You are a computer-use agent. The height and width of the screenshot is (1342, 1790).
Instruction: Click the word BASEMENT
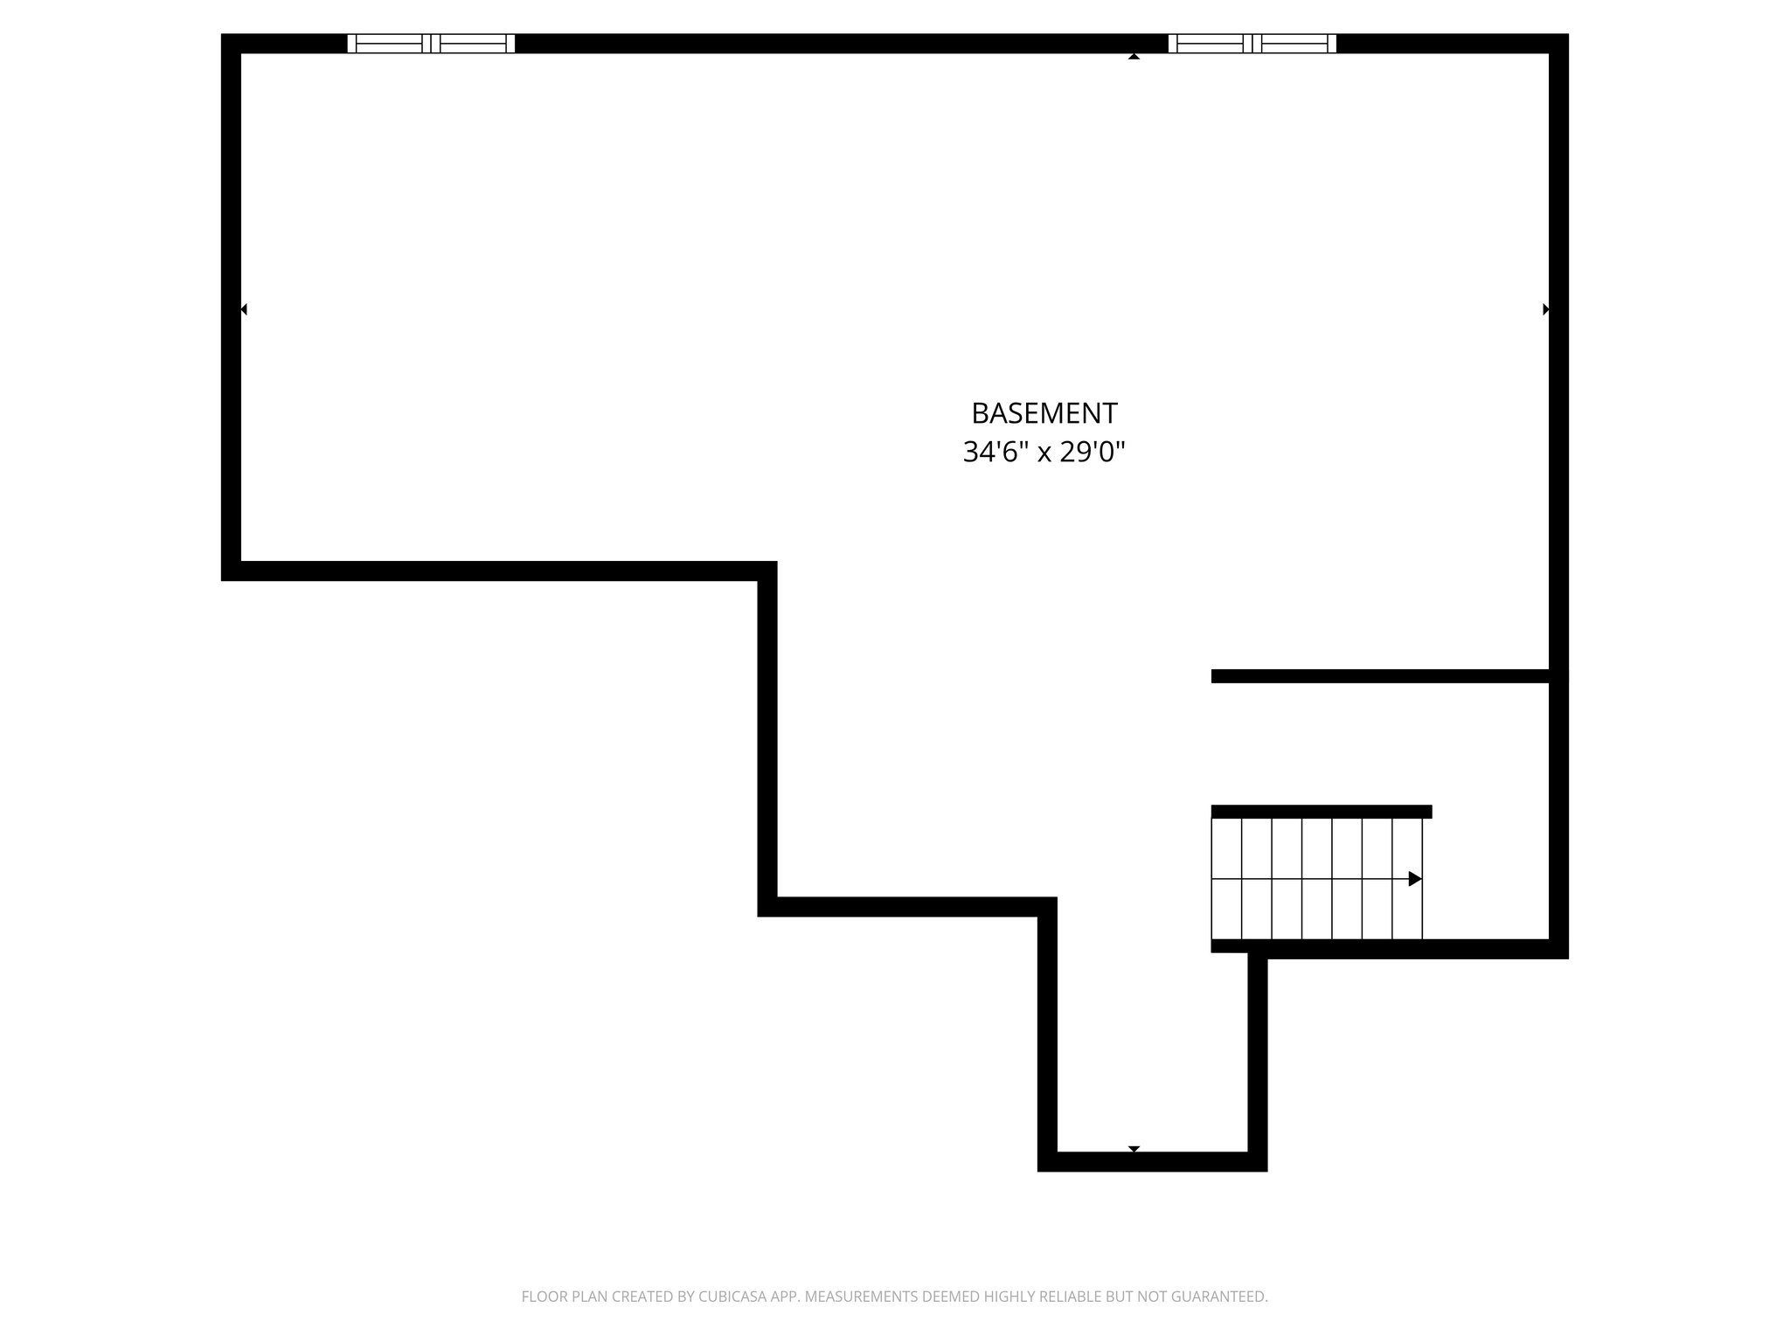(1044, 412)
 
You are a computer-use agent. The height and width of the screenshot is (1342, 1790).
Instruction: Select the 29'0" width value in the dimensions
(1092, 452)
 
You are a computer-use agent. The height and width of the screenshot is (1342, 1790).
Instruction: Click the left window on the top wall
(431, 44)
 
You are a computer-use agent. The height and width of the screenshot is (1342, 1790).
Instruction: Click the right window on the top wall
(1252, 44)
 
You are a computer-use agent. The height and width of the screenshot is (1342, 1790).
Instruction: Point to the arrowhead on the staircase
(1414, 879)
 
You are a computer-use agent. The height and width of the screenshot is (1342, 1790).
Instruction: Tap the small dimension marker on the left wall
(244, 309)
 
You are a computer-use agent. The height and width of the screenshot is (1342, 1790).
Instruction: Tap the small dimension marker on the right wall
(1545, 309)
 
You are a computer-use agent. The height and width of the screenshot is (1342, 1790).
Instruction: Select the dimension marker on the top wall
(1134, 57)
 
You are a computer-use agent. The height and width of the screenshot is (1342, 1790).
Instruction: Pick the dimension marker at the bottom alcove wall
(1134, 1148)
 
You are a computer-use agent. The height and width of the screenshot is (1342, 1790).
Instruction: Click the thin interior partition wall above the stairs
(1381, 676)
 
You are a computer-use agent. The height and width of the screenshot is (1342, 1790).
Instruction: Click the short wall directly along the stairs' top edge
(1321, 812)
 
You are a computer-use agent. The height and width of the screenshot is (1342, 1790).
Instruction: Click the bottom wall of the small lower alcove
(1152, 1161)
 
